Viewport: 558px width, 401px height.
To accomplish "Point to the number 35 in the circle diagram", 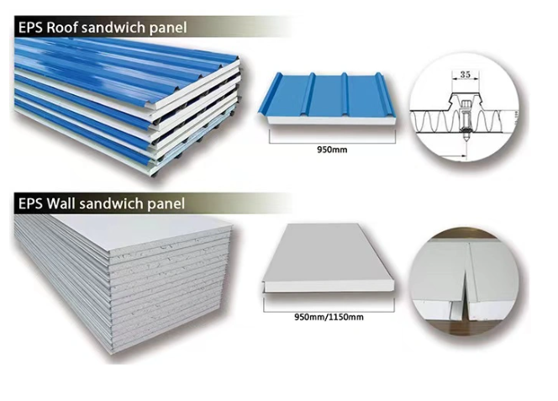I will (465, 75).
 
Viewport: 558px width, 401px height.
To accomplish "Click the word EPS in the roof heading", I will (31, 27).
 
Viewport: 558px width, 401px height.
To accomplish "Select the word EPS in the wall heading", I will (31, 203).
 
